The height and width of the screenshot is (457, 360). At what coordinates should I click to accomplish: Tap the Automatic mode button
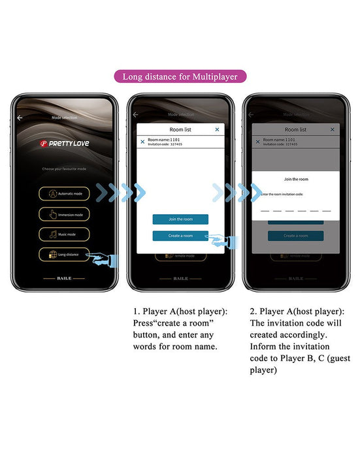(64, 194)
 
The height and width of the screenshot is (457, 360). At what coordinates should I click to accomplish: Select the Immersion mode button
(64, 214)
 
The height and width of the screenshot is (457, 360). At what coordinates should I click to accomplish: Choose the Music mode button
(64, 234)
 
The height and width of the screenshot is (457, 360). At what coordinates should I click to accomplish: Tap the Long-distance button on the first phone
(64, 255)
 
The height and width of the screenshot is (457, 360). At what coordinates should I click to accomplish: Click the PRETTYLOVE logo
(64, 143)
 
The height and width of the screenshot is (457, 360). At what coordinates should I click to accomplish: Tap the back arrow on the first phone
(20, 118)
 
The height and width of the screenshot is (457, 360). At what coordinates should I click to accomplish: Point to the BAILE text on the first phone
(64, 277)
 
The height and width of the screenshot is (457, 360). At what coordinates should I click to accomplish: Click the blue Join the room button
(180, 219)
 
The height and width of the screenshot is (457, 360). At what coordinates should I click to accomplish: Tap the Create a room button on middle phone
(180, 236)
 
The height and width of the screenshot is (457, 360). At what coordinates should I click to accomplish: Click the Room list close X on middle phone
(217, 129)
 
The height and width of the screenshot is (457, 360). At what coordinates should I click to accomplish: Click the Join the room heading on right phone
(296, 179)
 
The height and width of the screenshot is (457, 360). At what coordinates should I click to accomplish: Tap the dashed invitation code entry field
(296, 210)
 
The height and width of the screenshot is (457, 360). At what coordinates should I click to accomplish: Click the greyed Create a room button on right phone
(296, 236)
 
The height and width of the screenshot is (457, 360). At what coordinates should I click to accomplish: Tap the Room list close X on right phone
(332, 129)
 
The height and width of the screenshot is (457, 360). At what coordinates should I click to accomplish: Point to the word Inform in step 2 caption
(263, 346)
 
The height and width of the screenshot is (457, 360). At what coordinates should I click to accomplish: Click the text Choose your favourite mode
(64, 168)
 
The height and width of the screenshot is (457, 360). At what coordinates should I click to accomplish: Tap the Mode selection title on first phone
(64, 118)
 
